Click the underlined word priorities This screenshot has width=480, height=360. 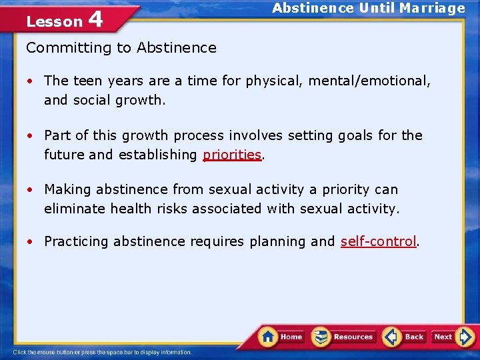232,155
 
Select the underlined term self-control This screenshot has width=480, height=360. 378,241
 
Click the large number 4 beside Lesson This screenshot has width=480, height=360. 95,19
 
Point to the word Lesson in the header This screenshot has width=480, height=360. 54,21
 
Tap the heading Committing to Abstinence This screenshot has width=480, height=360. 121,47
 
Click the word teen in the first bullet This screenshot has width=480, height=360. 87,81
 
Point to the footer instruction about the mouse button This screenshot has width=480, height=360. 102,352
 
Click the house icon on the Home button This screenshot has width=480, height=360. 269,336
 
